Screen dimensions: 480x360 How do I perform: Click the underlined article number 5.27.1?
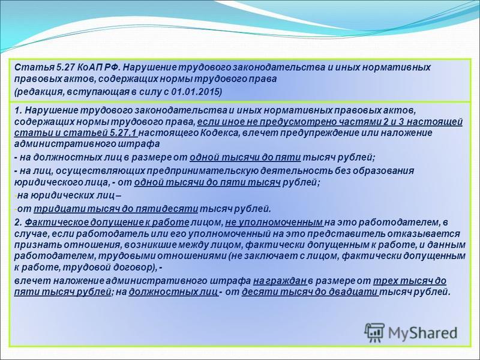[122, 133]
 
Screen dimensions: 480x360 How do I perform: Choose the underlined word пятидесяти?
[167, 209]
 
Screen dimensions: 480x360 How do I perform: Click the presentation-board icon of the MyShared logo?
[374, 332]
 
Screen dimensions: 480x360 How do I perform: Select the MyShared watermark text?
[423, 333]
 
